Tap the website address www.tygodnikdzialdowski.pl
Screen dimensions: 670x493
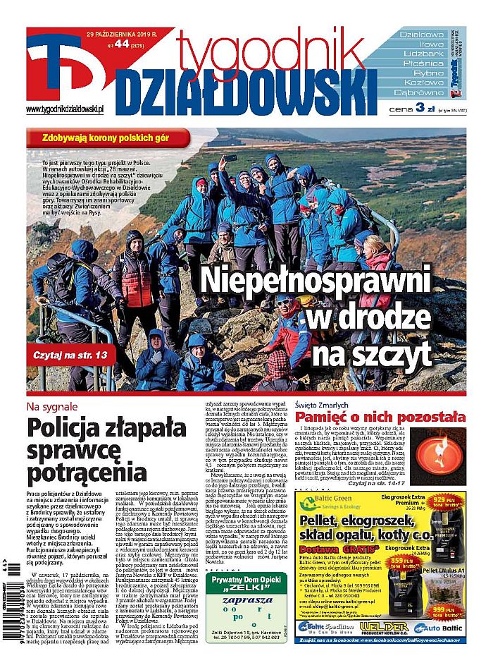(x=65, y=109)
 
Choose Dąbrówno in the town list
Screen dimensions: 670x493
(x=418, y=92)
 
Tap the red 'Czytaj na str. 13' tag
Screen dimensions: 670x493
(x=74, y=356)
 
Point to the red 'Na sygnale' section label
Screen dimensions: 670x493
(x=51, y=407)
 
